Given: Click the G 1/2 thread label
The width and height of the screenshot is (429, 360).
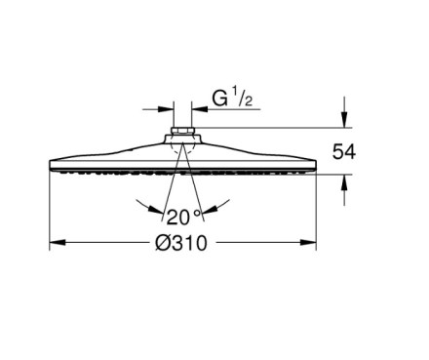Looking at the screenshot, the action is (232, 99).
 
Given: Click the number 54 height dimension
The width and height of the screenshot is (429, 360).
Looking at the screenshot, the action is (344, 152).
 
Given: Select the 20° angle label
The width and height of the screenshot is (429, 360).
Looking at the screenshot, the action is (184, 217).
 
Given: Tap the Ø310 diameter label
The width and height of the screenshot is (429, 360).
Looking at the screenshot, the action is (180, 243).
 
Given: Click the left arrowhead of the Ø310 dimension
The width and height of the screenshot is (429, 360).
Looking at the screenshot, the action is (58, 243).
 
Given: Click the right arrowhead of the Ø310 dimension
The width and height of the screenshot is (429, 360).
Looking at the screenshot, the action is (308, 243).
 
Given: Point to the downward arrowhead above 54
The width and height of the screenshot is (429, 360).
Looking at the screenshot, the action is (344, 119).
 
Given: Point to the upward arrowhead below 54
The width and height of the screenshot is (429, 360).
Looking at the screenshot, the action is (344, 182).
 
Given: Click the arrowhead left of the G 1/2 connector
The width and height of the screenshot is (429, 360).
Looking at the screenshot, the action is (166, 109).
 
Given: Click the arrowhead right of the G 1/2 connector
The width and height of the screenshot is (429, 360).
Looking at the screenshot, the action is (200, 109).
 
